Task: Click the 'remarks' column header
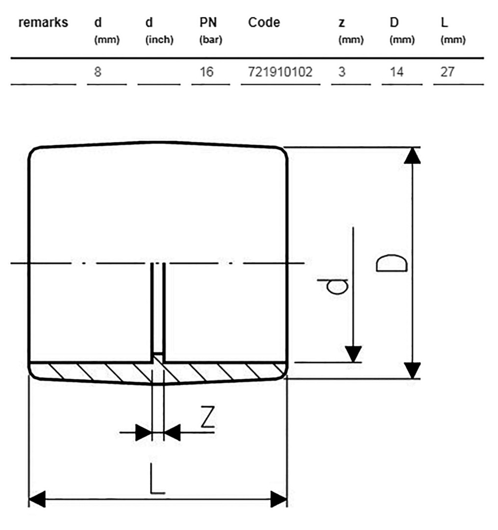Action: pos(43,23)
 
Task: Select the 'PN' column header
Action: pos(208,23)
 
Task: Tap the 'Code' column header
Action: pos(264,23)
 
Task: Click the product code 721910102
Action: pos(280,72)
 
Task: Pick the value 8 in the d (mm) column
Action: pos(98,72)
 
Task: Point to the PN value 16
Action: pos(206,72)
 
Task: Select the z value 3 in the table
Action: pos(342,72)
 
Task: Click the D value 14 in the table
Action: pos(397,72)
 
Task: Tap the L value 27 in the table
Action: pos(448,72)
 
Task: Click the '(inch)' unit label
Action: pos(159,40)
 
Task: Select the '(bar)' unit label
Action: pos(211,40)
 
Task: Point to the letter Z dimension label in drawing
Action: pos(208,417)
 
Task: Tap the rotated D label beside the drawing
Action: pos(392,264)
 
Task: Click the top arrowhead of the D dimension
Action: pos(412,156)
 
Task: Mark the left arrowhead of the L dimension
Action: pos(37,499)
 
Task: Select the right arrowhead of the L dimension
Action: pos(279,499)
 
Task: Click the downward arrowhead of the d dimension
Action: pos(353,354)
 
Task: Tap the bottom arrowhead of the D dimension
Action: pos(412,371)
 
